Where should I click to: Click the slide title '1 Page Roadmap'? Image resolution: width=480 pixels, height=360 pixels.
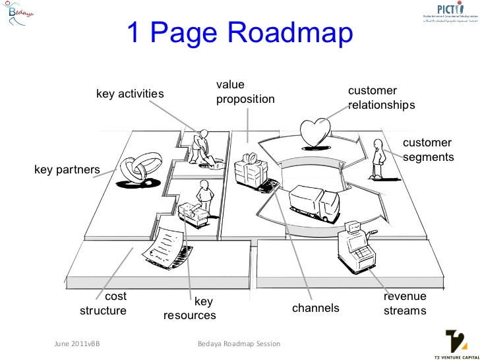239,34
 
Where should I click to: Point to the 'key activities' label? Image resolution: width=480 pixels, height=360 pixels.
130,94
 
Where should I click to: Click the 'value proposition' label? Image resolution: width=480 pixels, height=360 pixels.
245,92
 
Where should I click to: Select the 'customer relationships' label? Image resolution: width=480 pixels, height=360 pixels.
381,98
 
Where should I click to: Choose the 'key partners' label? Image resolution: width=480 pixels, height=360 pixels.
67,170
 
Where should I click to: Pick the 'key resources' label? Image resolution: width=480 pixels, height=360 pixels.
190,308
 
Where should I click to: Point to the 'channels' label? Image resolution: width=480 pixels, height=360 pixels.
315,308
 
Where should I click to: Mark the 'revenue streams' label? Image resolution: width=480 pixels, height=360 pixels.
405,303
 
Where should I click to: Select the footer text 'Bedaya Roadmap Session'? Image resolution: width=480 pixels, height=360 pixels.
239,344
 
